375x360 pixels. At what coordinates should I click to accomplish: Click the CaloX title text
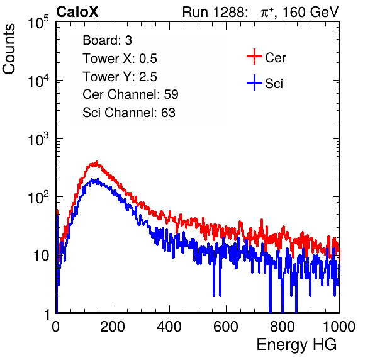[77, 12]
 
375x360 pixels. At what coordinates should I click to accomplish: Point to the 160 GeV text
[311, 12]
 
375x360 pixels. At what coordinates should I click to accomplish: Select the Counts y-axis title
[9, 49]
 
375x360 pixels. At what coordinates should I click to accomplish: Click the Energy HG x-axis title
[296, 345]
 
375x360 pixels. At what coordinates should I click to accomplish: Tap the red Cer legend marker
[254, 57]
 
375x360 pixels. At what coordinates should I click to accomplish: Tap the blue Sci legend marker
[254, 82]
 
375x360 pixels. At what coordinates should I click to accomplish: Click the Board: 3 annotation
[107, 40]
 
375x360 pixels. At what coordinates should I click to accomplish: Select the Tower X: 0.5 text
[120, 59]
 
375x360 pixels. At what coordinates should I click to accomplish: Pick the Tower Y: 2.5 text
[120, 77]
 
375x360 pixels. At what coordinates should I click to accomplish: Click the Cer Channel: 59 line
[130, 94]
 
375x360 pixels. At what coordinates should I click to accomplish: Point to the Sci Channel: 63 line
[129, 113]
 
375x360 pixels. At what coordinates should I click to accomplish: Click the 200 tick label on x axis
[113, 327]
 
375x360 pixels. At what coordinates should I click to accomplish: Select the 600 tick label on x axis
[226, 327]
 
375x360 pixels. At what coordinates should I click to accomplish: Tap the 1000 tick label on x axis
[339, 327]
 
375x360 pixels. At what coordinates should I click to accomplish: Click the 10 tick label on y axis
[41, 256]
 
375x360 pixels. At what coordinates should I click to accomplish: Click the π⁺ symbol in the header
[267, 12]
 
